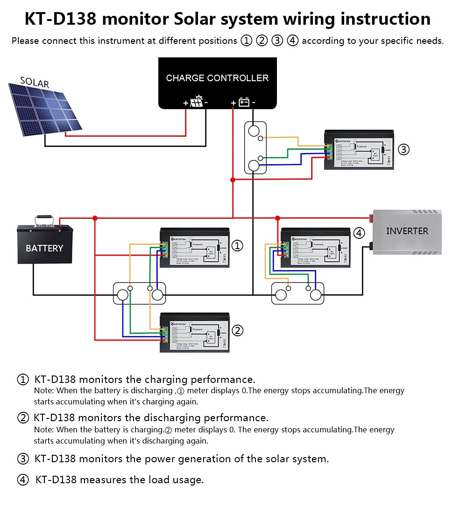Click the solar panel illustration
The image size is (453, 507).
pos(44,110)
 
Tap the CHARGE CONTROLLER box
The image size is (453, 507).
pos(217,82)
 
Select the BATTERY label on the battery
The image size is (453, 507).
pos(44,248)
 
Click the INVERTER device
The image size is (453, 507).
pos(407,231)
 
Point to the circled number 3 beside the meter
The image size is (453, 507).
pos(404,150)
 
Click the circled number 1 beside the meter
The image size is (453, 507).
pos(238,245)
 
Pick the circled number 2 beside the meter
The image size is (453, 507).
pos(238,331)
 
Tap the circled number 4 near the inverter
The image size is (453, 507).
pos(359,233)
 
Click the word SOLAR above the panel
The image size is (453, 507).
pos(35,83)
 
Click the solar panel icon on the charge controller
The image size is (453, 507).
pos(197,102)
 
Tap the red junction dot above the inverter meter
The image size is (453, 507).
pos(277,218)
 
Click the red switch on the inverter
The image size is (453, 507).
pos(372,216)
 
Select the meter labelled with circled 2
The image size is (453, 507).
pos(195,332)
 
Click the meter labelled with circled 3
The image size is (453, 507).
pos(359,150)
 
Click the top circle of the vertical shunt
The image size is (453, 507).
pos(254,131)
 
